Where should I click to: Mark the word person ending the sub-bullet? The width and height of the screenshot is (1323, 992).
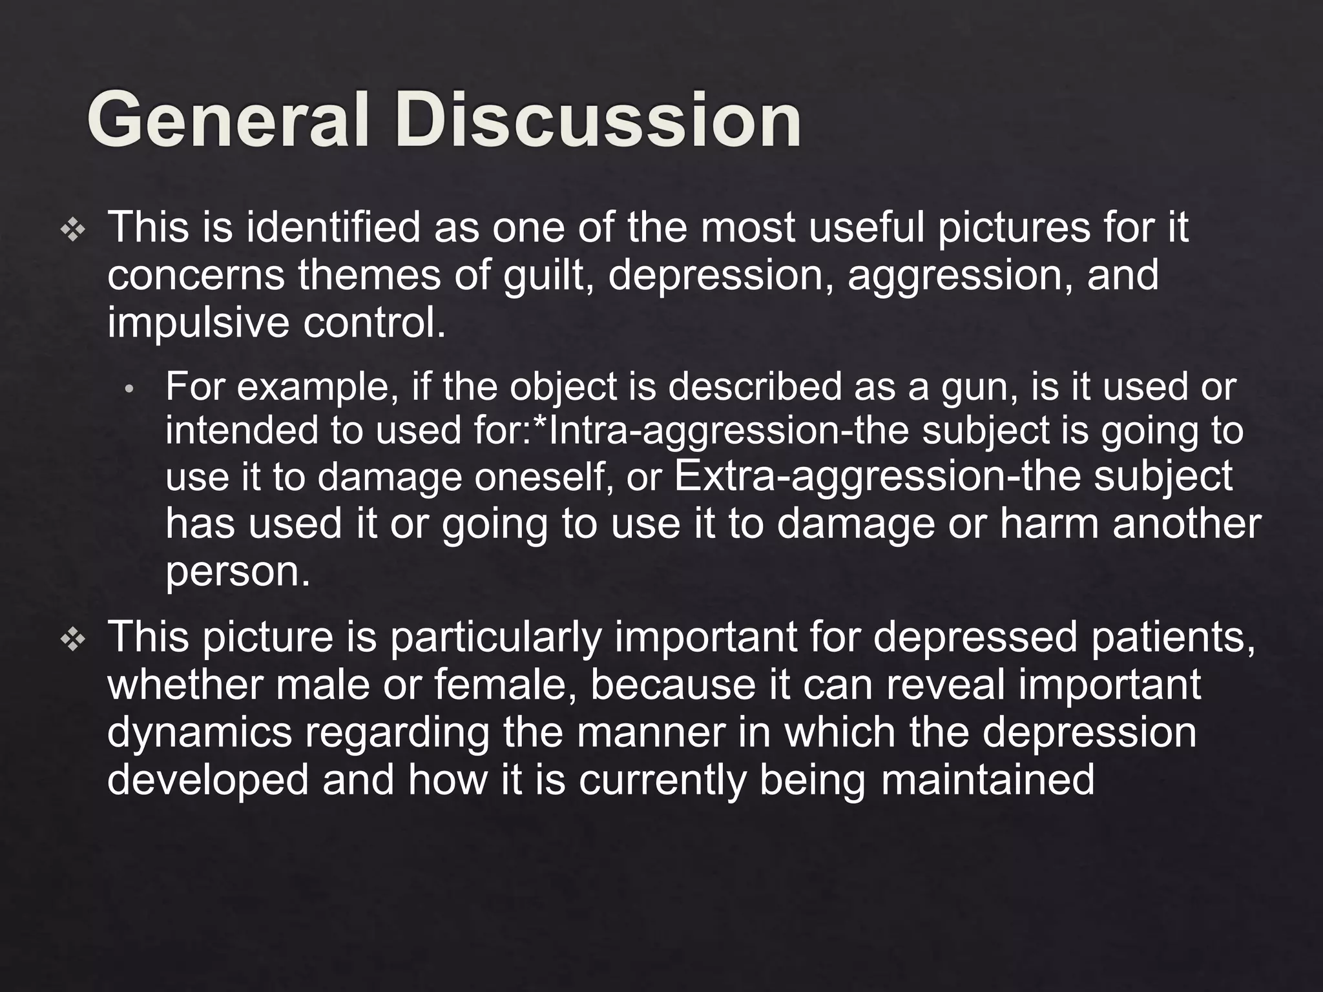click(236, 572)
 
